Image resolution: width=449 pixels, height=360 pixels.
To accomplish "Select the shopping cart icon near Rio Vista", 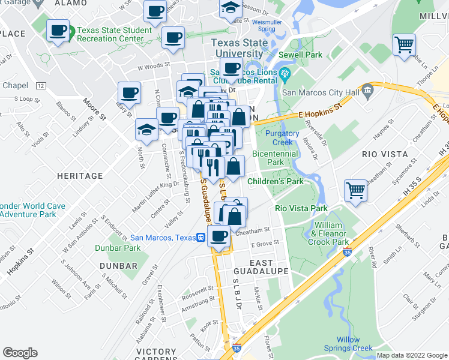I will tap(356, 191).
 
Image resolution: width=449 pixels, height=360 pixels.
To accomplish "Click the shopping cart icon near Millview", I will tap(405, 44).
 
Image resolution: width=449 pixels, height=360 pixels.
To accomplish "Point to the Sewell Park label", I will tap(304, 55).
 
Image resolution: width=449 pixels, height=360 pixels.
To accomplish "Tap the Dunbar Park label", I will tap(118, 248).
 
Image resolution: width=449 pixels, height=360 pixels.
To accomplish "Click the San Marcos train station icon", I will tap(202, 237).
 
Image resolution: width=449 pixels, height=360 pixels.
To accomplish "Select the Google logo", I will tap(20, 353).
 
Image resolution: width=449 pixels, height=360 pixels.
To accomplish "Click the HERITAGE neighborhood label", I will tap(80, 176).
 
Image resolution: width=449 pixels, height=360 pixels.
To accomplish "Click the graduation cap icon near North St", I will tap(146, 128).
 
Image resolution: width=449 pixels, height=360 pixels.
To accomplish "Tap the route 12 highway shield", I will tap(40, 86).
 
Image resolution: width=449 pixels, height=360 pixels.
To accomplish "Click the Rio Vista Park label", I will tap(301, 208).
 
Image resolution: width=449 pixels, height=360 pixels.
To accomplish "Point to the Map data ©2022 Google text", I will tap(411, 355).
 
